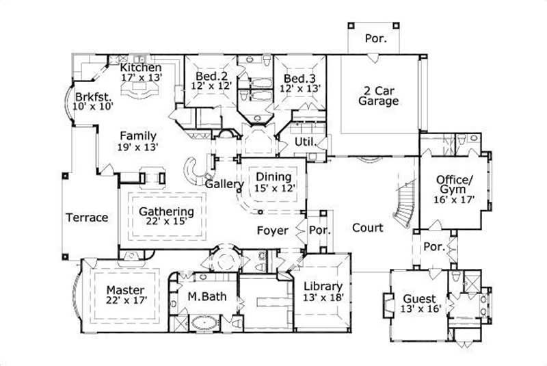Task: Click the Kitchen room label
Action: click(140, 68)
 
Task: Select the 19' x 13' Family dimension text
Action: click(139, 146)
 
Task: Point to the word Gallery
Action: click(224, 185)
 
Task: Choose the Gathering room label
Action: click(166, 211)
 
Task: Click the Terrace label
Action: click(87, 218)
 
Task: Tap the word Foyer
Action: click(272, 231)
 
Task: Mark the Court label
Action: click(367, 228)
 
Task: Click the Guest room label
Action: click(419, 299)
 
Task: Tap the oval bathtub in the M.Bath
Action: click(203, 323)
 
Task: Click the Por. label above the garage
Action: click(376, 39)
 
